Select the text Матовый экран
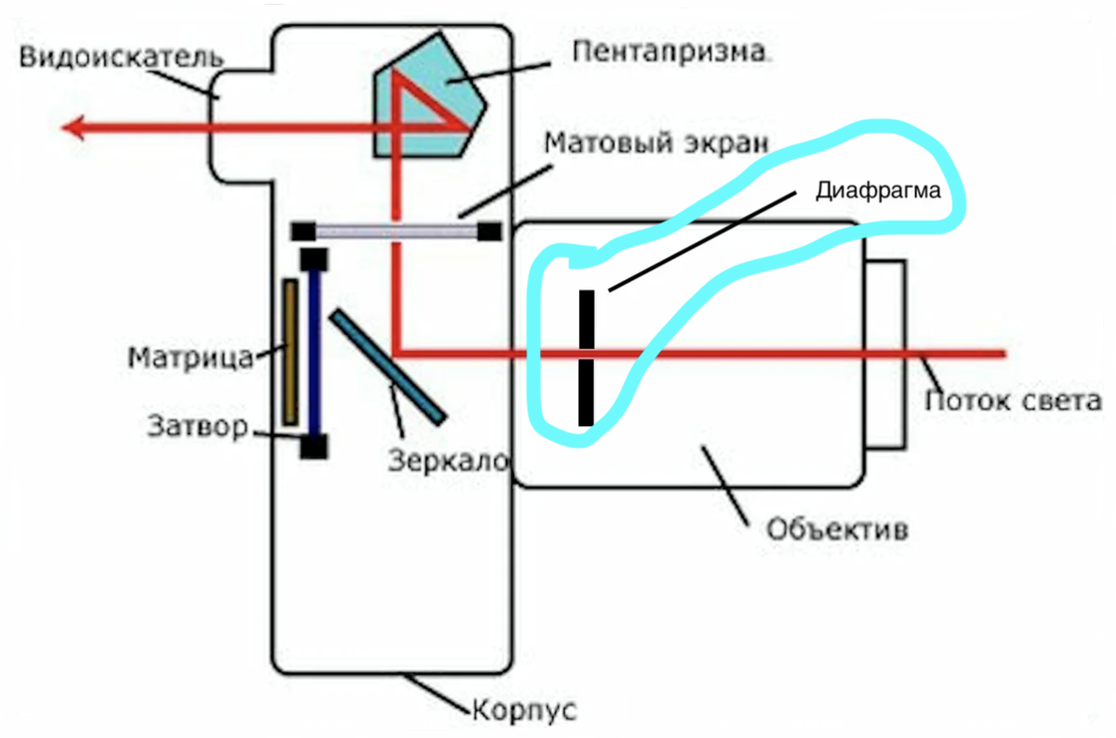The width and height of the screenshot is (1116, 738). [x=657, y=144]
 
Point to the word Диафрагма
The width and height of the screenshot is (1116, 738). [x=879, y=192]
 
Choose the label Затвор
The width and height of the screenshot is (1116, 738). [x=197, y=427]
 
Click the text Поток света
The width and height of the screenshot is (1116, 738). [x=1014, y=402]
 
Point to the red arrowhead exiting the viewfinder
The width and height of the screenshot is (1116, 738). [x=74, y=127]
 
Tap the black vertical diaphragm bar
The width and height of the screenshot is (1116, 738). [x=586, y=358]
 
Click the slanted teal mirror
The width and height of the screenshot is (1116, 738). [x=388, y=364]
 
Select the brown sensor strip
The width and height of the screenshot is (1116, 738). [x=291, y=351]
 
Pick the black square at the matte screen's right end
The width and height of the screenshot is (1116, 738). [x=489, y=231]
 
